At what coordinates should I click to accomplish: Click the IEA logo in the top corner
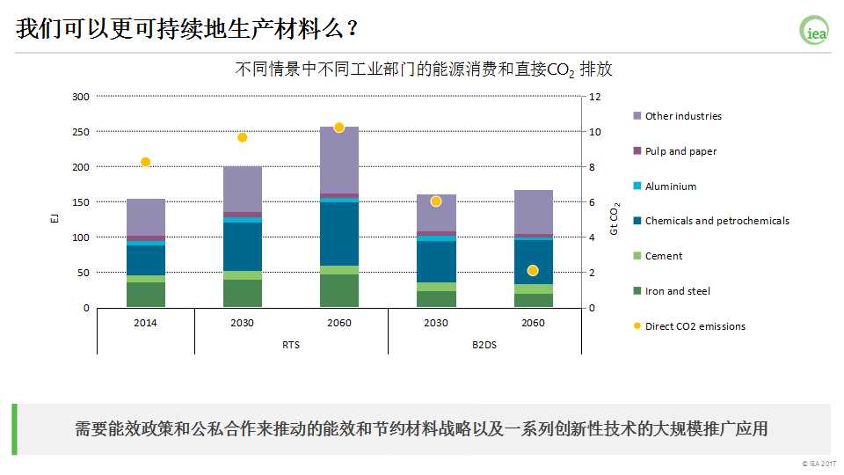coord(814,31)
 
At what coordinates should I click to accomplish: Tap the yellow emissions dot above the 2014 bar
coord(146,162)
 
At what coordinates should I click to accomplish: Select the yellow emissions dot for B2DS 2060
coord(533,270)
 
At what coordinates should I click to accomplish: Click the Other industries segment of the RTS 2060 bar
coord(339,160)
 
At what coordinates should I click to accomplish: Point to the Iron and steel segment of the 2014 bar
coord(146,295)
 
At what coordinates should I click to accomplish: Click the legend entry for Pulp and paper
coord(680,151)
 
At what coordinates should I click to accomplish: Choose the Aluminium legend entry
coord(670,186)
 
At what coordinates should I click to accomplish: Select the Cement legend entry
coord(663,256)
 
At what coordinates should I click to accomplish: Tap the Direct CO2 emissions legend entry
coord(695,326)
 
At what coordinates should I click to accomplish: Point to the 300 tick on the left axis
coord(81,97)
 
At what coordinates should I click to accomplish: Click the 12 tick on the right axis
coord(594,97)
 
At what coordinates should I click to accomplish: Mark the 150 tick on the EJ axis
coord(81,202)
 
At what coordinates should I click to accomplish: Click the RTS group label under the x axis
coord(291,345)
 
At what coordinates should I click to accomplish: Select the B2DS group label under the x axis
coord(484,345)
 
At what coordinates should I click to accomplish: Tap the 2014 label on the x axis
coord(146,323)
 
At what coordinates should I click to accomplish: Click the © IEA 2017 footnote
coord(819,464)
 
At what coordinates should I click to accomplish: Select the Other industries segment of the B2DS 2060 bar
coord(533,212)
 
